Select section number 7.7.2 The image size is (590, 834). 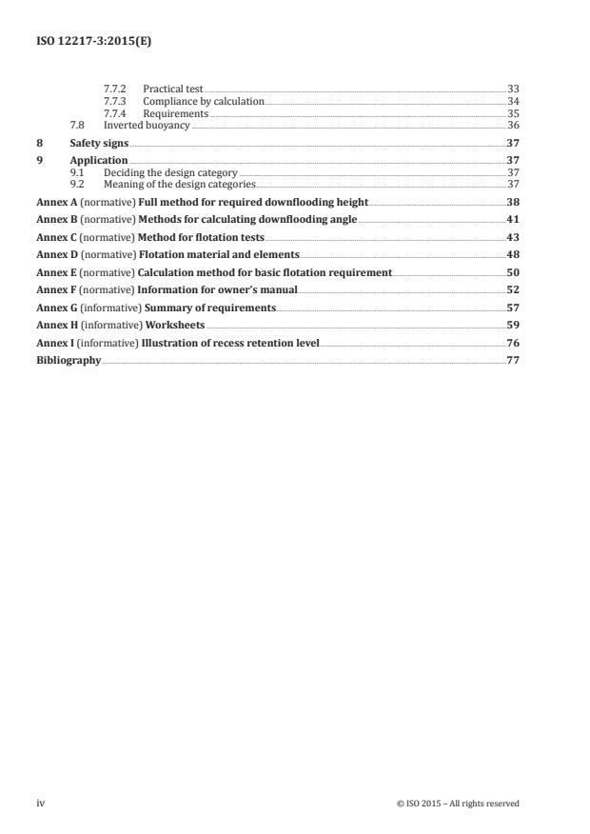(x=115, y=89)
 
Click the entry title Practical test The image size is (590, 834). (x=173, y=89)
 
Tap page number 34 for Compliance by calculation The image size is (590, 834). (x=513, y=101)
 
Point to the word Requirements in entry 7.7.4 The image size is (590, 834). (x=175, y=113)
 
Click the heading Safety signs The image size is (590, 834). (x=99, y=143)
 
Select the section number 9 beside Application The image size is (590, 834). (x=39, y=161)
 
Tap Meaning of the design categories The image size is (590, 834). (x=180, y=184)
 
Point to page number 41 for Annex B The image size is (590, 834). (x=512, y=220)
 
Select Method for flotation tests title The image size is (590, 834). (x=202, y=237)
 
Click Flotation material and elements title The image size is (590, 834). (x=219, y=255)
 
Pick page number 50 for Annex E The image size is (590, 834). (x=512, y=272)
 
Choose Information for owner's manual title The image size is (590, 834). (x=217, y=289)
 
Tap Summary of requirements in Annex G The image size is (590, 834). (x=210, y=308)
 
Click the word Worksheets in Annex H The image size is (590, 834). (x=174, y=325)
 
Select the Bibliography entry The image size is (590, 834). (x=69, y=360)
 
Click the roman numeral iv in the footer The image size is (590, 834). (x=41, y=804)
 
